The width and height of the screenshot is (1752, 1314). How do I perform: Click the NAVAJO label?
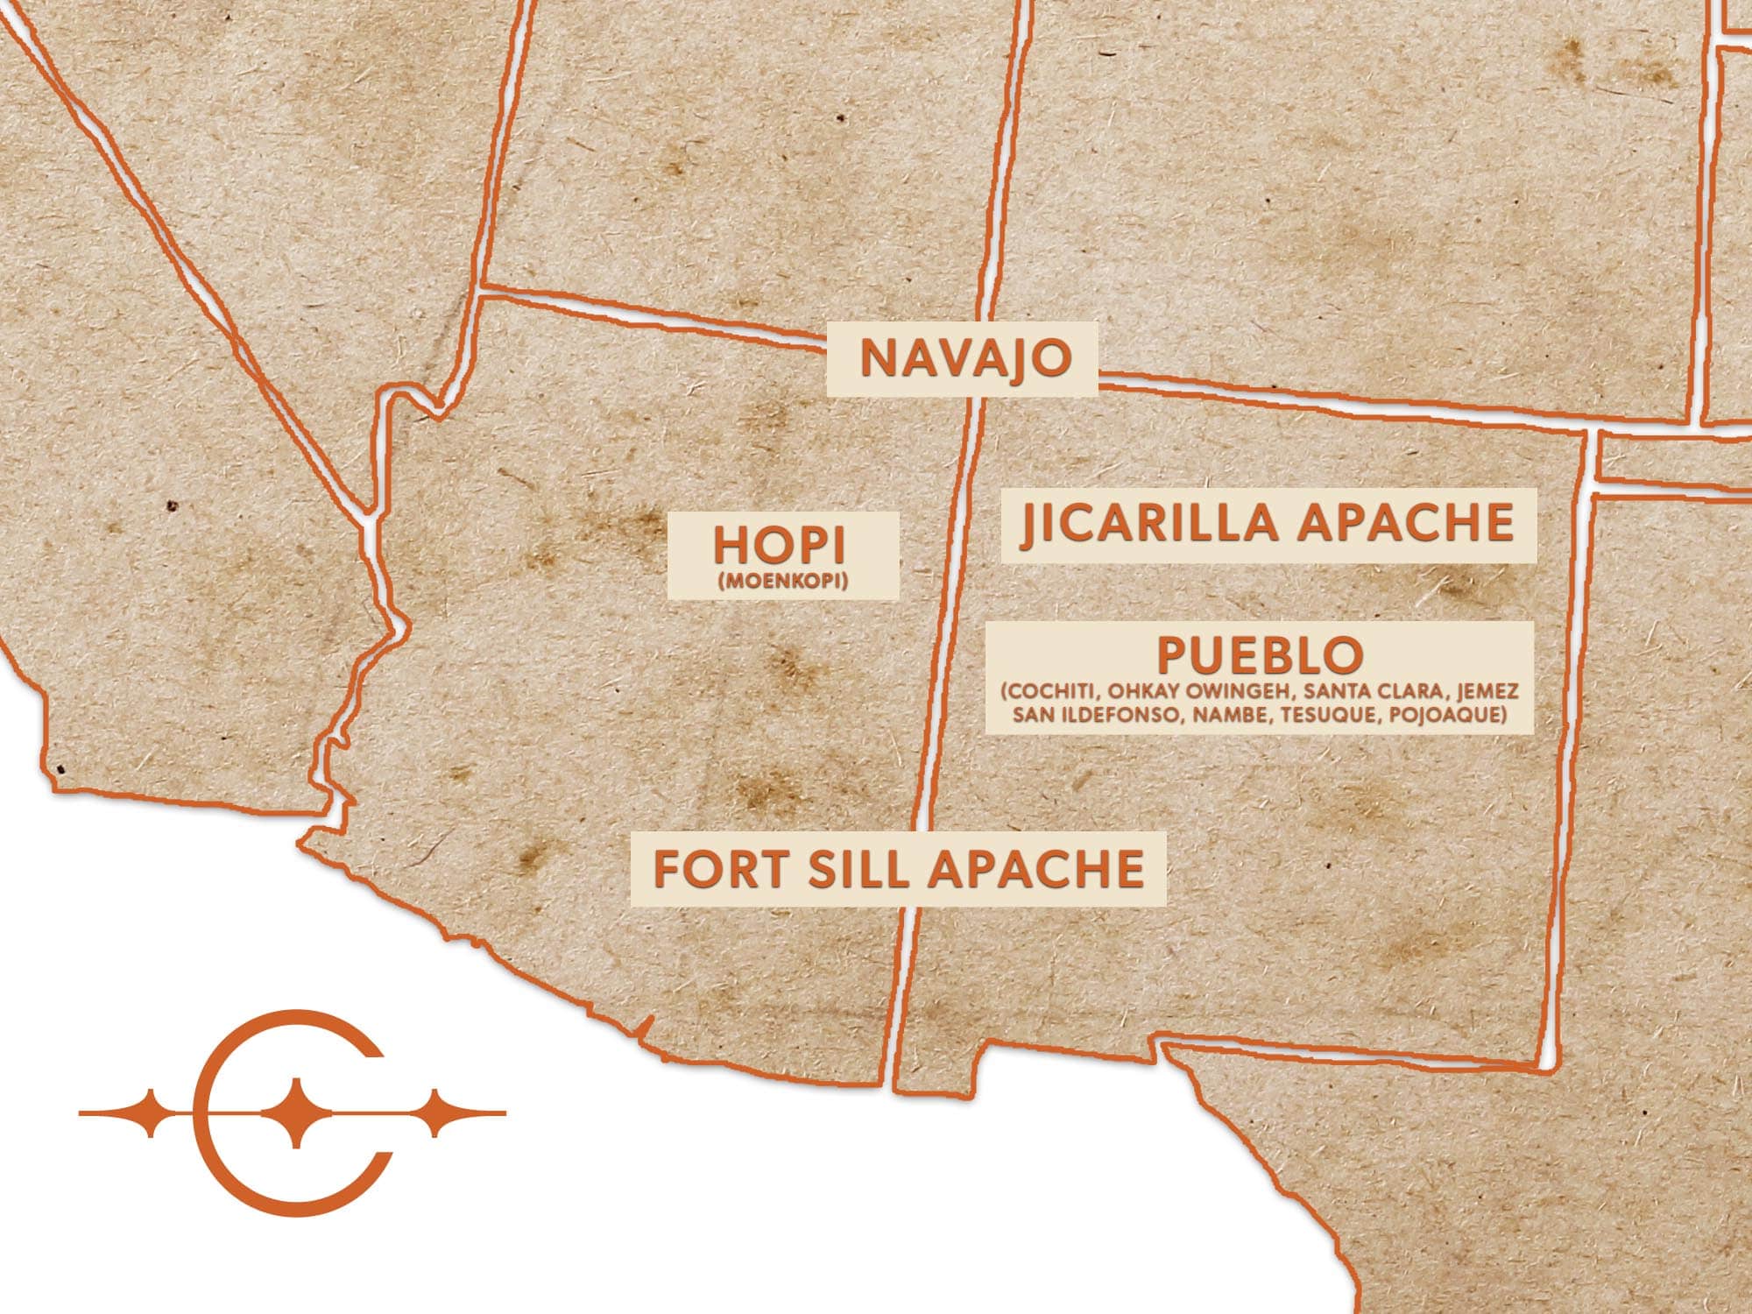(964, 358)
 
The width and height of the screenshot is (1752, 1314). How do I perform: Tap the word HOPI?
(780, 546)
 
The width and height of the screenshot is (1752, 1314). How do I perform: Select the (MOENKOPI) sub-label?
(781, 581)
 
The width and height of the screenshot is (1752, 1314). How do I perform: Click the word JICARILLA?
(1150, 523)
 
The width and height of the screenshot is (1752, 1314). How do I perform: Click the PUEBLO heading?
(1261, 654)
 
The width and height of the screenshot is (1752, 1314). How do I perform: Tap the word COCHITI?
(1046, 692)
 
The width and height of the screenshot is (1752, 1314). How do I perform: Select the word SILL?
(851, 868)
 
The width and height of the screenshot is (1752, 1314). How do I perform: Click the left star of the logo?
(152, 1113)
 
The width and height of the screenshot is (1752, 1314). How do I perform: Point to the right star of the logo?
(435, 1113)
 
